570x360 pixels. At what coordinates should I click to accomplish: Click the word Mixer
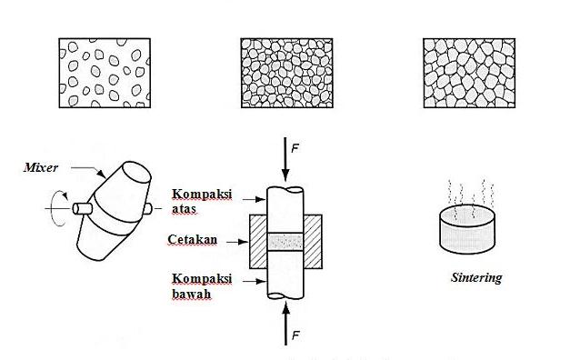pos(42,166)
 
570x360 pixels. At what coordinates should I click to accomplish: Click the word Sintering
pos(475,278)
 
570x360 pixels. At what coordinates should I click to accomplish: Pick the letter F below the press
pos(295,336)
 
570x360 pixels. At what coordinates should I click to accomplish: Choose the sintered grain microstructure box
pos(470,74)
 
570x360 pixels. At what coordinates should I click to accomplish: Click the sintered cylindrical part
pos(469,231)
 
